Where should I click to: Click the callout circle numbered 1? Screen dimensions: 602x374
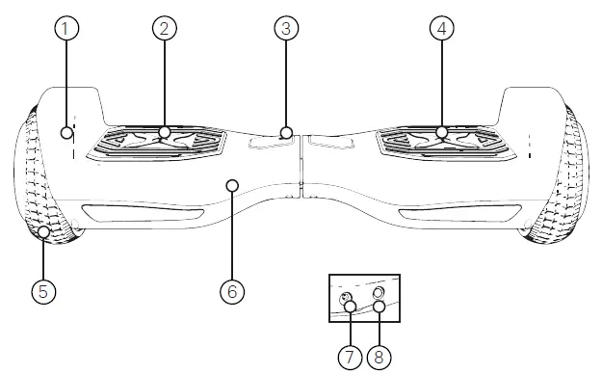(x=65, y=29)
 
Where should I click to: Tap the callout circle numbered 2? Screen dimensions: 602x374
(x=165, y=28)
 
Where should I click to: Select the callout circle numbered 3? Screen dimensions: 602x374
(x=283, y=28)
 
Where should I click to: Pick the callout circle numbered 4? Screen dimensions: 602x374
(x=441, y=28)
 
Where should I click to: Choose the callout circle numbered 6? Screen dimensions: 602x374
(x=231, y=288)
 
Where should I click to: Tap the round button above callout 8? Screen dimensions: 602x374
(x=378, y=292)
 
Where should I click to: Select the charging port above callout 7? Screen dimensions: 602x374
(x=346, y=300)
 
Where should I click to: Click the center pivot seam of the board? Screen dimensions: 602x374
(x=301, y=164)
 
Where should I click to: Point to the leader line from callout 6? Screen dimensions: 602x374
(x=231, y=231)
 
